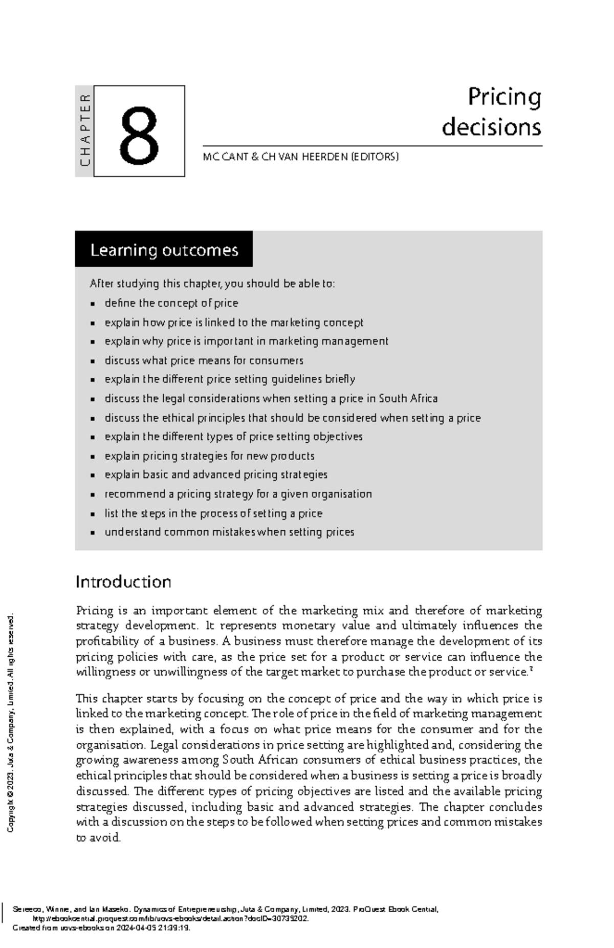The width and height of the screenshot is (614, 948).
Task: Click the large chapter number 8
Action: tap(139, 135)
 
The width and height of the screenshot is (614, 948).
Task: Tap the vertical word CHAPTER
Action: tap(85, 131)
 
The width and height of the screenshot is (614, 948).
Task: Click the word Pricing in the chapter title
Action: tap(504, 97)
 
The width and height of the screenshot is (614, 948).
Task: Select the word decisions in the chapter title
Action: tap(491, 127)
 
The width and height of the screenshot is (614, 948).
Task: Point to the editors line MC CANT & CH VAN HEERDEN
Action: tap(300, 157)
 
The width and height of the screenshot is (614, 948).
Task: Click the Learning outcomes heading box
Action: tap(164, 250)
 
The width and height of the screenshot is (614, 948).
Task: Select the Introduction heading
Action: tap(123, 582)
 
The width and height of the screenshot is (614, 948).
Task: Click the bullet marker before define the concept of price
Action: tap(93, 304)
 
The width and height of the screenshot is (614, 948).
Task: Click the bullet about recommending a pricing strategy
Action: tap(238, 494)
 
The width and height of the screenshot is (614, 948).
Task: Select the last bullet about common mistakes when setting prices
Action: tap(229, 532)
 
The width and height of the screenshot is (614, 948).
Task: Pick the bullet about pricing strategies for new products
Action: tap(209, 456)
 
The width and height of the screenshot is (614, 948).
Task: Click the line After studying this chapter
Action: tap(212, 284)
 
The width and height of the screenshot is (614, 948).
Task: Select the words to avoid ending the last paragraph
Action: tap(98, 838)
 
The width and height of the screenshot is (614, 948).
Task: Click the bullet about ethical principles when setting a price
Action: tap(292, 418)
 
